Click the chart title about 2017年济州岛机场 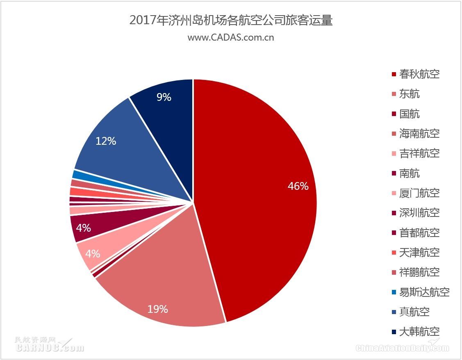[231, 21]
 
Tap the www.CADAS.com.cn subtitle [231, 38]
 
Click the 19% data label [158, 309]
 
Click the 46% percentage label [298, 186]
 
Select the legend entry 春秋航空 [419, 74]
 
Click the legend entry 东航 [409, 94]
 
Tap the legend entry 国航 [409, 114]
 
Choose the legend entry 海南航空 [419, 133]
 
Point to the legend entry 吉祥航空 [419, 153]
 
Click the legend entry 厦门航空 [419, 193]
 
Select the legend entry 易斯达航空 [424, 292]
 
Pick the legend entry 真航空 [414, 312]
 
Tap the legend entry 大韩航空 [419, 331]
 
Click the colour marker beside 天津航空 [394, 253]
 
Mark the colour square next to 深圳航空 [394, 213]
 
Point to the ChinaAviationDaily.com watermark [402, 348]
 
